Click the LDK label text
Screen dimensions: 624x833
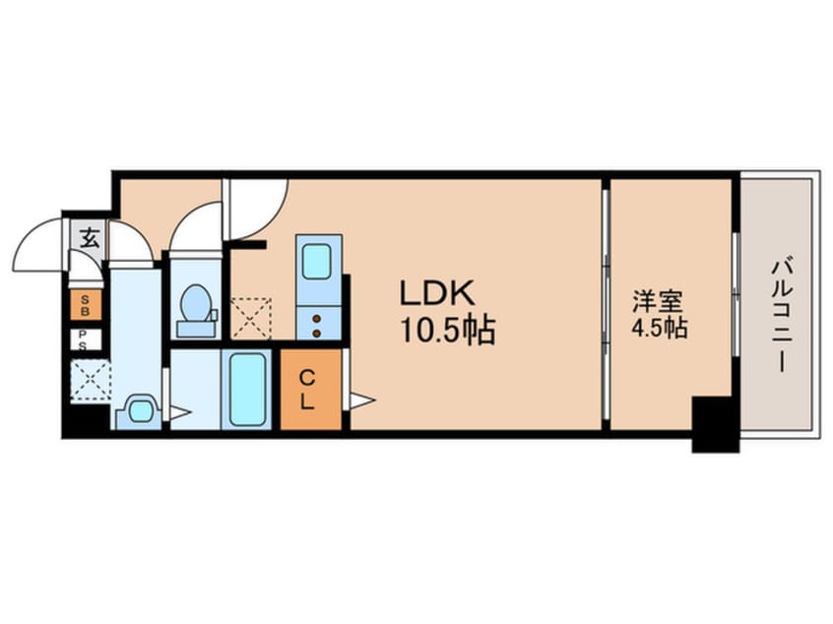pyautogui.click(x=437, y=292)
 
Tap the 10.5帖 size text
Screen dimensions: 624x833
pyautogui.click(x=447, y=329)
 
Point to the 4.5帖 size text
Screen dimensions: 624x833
pyautogui.click(x=659, y=328)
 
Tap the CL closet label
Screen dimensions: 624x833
pyautogui.click(x=308, y=389)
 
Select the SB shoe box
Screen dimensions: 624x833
pyautogui.click(x=85, y=304)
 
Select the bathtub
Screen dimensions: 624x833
pyautogui.click(x=248, y=390)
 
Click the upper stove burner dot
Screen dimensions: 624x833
pyautogui.click(x=317, y=318)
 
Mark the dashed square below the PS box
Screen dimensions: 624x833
pyautogui.click(x=90, y=380)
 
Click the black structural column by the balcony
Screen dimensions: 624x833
pyautogui.click(x=715, y=423)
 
